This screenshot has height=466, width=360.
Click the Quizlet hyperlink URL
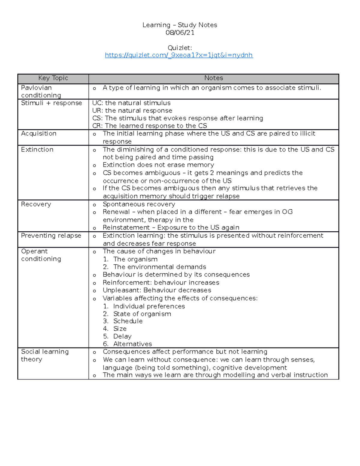pyautogui.click(x=179, y=55)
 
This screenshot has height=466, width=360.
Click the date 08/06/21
pyautogui.click(x=180, y=33)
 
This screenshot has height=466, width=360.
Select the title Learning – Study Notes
pyautogui.click(x=180, y=25)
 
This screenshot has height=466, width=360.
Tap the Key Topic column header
pyautogui.click(x=53, y=78)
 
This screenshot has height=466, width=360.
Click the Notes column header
pyautogui.click(x=214, y=78)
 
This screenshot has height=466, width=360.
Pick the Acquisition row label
pyautogui.click(x=39, y=134)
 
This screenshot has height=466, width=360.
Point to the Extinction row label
pyautogui.click(x=37, y=149)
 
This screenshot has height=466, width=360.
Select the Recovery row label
pyautogui.click(x=36, y=204)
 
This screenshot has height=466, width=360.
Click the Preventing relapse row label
pyautogui.click(x=51, y=236)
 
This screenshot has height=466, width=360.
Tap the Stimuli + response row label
pyautogui.click(x=51, y=103)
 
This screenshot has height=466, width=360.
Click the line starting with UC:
pyautogui.click(x=131, y=103)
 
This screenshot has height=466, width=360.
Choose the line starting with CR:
pyautogui.click(x=149, y=126)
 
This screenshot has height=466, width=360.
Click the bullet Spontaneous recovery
pyautogui.click(x=139, y=204)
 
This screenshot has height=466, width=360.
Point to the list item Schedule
pyautogui.click(x=128, y=321)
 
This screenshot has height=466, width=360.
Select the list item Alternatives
pyautogui.click(x=133, y=344)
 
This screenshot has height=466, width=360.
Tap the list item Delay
pyautogui.click(x=122, y=336)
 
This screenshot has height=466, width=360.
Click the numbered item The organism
pyautogui.click(x=135, y=259)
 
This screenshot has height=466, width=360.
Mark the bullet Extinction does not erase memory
pyautogui.click(x=158, y=165)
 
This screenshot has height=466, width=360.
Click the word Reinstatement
pyautogui.click(x=126, y=227)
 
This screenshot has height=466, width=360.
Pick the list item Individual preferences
pyautogui.click(x=149, y=306)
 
